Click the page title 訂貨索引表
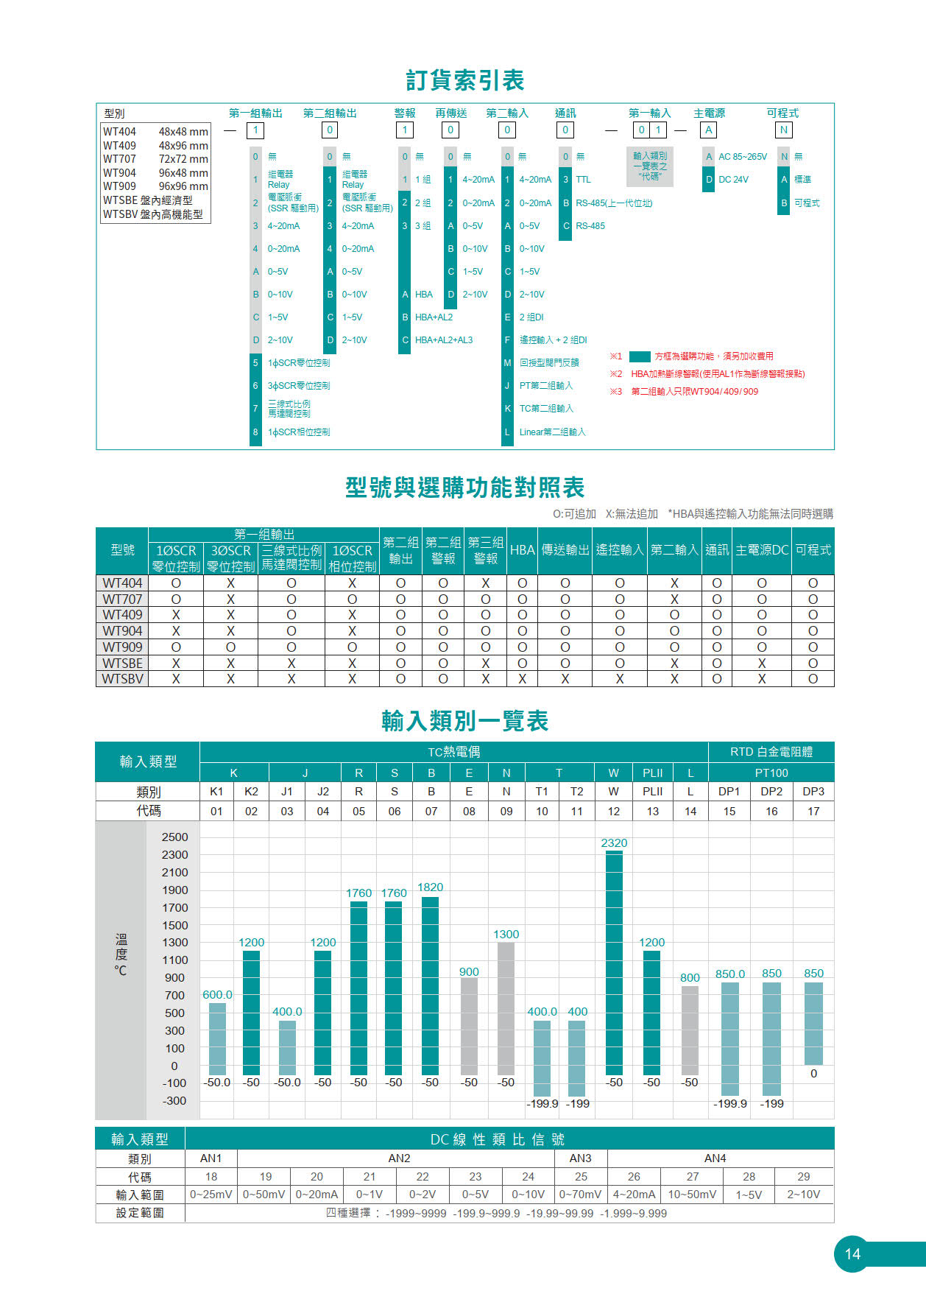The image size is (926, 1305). coord(464,80)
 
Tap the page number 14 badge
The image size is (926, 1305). coord(852,1253)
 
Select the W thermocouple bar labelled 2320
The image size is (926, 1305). coord(614,961)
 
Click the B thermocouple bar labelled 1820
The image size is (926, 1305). coord(431,985)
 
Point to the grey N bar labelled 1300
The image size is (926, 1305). coord(506,1007)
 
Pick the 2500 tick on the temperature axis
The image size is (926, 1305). coord(174,837)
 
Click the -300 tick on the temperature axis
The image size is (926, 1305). coord(174,1101)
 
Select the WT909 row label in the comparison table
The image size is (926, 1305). coord(122,647)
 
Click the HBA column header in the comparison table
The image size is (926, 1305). coord(522,550)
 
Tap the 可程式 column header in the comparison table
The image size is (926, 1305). coord(813,550)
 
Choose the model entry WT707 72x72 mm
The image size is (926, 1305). coord(155,159)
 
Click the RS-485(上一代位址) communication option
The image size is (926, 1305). coord(613,203)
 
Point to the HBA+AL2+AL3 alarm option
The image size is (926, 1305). coord(443,340)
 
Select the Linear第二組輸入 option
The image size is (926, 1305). coord(552,432)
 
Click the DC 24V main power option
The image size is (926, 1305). coord(733,180)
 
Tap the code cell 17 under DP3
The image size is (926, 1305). coord(813,811)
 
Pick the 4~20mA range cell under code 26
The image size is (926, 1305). coord(634,1195)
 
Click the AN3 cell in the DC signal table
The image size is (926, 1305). coord(580,1158)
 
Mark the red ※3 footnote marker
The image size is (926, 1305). coord(616,392)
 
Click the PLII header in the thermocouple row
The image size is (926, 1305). coord(652,773)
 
